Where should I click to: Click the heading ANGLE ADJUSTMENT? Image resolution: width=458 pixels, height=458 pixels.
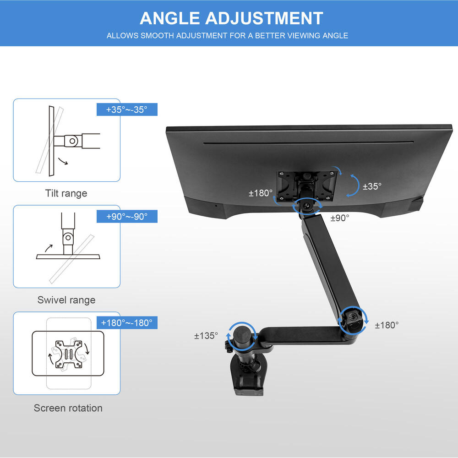(231, 18)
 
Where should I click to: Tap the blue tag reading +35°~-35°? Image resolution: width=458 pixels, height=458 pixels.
(127, 110)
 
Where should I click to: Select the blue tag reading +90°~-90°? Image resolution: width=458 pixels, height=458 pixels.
(127, 217)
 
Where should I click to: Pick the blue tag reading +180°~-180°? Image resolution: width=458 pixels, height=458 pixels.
(127, 323)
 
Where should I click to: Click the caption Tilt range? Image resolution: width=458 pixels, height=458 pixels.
(66, 193)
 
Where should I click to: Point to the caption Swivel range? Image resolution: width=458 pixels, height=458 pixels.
(66, 300)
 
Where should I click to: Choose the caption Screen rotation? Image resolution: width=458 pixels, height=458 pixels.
(68, 408)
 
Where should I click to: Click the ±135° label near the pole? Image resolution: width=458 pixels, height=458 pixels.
(206, 336)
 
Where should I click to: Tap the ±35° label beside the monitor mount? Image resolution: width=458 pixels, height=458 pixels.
(372, 186)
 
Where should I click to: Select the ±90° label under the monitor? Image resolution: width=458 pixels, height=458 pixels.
(339, 218)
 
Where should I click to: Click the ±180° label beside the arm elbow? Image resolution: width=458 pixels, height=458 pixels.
(387, 325)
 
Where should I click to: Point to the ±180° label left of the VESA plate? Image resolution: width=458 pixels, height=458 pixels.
(260, 193)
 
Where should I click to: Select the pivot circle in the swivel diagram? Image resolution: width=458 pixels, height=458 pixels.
(68, 237)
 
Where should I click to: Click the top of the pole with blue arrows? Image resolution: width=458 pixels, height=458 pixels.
(242, 332)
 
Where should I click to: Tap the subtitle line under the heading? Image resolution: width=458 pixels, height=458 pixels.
(227, 35)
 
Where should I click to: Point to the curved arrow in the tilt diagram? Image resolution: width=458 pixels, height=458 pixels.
(63, 161)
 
